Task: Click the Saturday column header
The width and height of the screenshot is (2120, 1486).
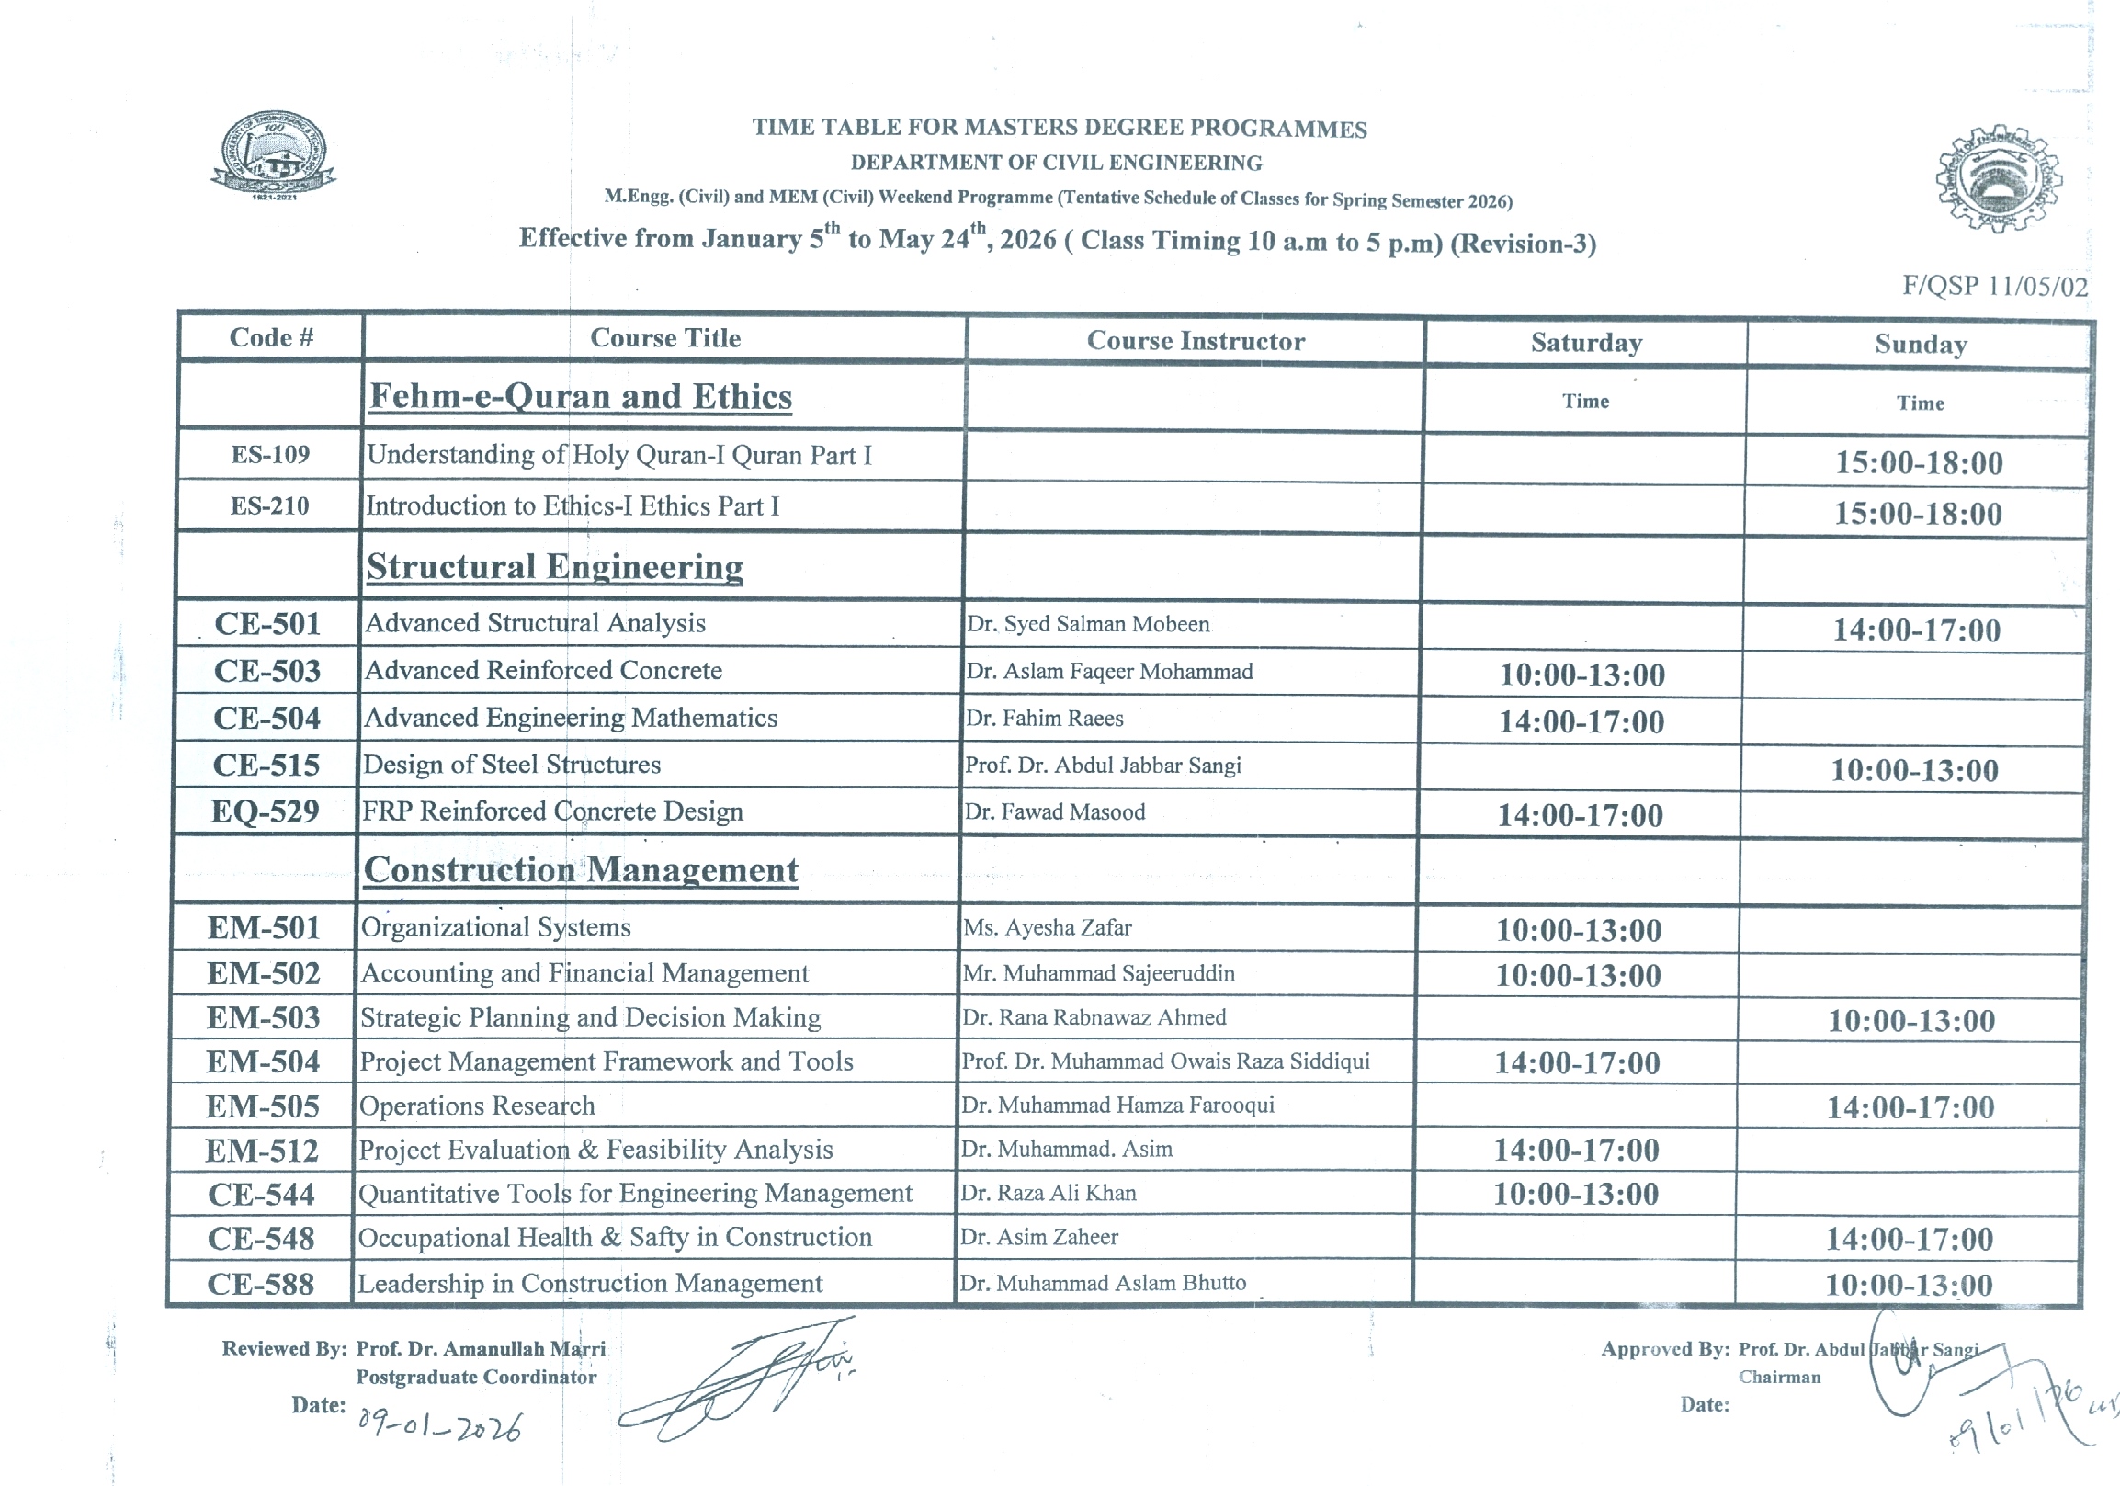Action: [x=1586, y=343]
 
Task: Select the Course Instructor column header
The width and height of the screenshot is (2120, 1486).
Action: [x=1196, y=341]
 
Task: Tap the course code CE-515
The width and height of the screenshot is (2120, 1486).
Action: [x=266, y=766]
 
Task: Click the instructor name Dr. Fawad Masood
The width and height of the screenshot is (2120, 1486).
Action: [x=1054, y=811]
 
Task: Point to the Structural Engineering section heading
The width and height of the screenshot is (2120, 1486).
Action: [x=555, y=566]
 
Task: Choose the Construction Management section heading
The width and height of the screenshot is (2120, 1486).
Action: [x=581, y=870]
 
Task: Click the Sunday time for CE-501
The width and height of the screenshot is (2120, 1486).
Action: [x=1917, y=630]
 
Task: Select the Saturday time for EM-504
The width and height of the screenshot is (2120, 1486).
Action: [x=1577, y=1063]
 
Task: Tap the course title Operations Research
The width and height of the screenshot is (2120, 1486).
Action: [x=476, y=1106]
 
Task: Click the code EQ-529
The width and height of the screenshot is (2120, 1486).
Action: [x=265, y=811]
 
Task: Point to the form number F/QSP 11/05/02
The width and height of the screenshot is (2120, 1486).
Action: [x=1994, y=287]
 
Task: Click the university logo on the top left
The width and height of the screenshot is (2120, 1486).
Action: [x=273, y=155]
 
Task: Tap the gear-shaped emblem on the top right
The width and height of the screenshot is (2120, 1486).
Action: [x=1998, y=177]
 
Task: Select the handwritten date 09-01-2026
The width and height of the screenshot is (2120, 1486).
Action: [x=439, y=1425]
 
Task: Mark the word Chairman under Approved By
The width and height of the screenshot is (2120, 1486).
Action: [x=1779, y=1377]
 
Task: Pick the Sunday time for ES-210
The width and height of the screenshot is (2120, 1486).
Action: [x=1918, y=514]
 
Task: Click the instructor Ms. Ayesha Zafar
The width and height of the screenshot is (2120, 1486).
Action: [x=1047, y=927]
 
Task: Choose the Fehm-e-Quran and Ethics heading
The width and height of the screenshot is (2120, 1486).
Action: [x=581, y=396]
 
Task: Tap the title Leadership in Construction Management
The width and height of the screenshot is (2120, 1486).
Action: [x=590, y=1283]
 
